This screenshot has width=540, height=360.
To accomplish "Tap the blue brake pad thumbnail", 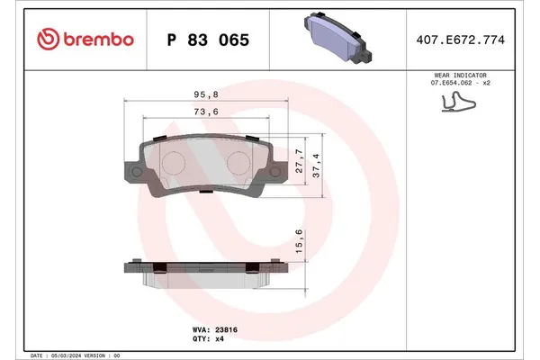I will (337, 39).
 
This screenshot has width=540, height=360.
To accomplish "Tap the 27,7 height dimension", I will (299, 158).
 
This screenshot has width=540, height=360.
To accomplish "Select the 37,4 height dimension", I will (317, 166).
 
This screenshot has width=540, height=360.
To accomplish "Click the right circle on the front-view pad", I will (240, 161).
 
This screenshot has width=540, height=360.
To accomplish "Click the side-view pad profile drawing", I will (205, 274).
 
